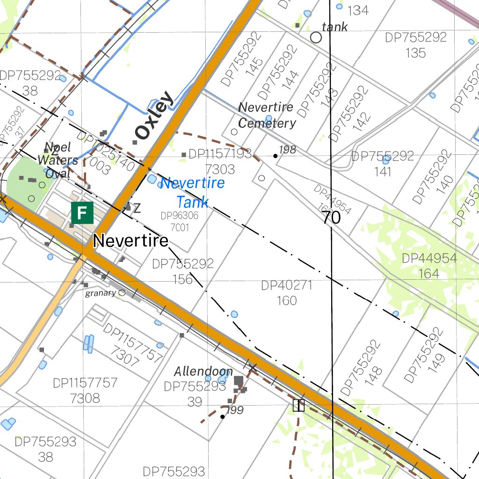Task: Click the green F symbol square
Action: coord(82,213)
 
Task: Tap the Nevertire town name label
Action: coord(131,241)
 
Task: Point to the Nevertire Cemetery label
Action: coord(267,115)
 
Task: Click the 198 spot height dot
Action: coord(276,156)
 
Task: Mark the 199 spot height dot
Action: coord(222,416)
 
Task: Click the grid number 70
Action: coord(331,218)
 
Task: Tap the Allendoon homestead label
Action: coord(203,371)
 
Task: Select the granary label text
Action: coord(100,293)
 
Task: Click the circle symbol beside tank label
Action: coord(316,37)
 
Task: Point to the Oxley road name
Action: coord(153,116)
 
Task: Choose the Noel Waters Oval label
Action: coord(58,160)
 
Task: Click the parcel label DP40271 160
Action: coord(287,293)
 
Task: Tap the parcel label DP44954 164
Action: coord(429,265)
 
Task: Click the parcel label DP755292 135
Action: coord(416,45)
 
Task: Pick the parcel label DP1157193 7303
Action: coord(220,161)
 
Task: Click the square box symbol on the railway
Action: coord(298,406)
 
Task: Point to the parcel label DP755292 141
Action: coord(383,163)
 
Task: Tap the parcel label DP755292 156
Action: coord(182,271)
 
